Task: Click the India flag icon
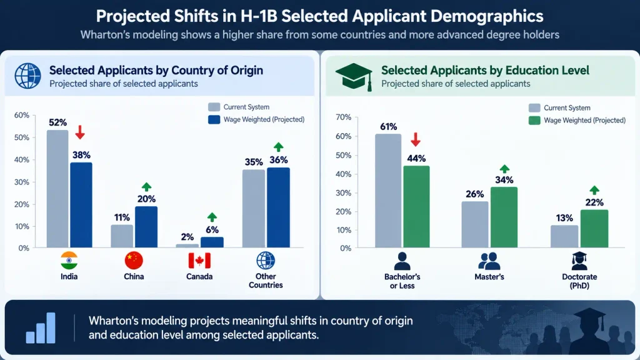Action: click(69, 261)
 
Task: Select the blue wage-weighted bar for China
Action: click(146, 227)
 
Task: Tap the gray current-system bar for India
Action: click(57, 189)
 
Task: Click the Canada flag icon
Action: click(199, 261)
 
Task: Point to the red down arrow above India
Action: click(80, 132)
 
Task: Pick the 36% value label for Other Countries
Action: click(278, 160)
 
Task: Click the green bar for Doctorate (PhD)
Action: click(594, 229)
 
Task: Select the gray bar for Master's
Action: click(475, 224)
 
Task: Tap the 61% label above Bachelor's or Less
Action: click(388, 127)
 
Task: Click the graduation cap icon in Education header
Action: click(354, 77)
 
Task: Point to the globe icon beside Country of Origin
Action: click(27, 76)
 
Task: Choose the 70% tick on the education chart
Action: click(343, 117)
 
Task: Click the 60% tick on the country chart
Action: click(22, 116)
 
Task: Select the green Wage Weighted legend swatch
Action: click(534, 121)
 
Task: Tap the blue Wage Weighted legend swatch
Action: click(214, 119)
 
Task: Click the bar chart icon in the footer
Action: click(41, 327)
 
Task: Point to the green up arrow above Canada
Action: click(212, 217)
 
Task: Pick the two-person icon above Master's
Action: click(489, 261)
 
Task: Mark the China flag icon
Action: click(134, 261)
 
